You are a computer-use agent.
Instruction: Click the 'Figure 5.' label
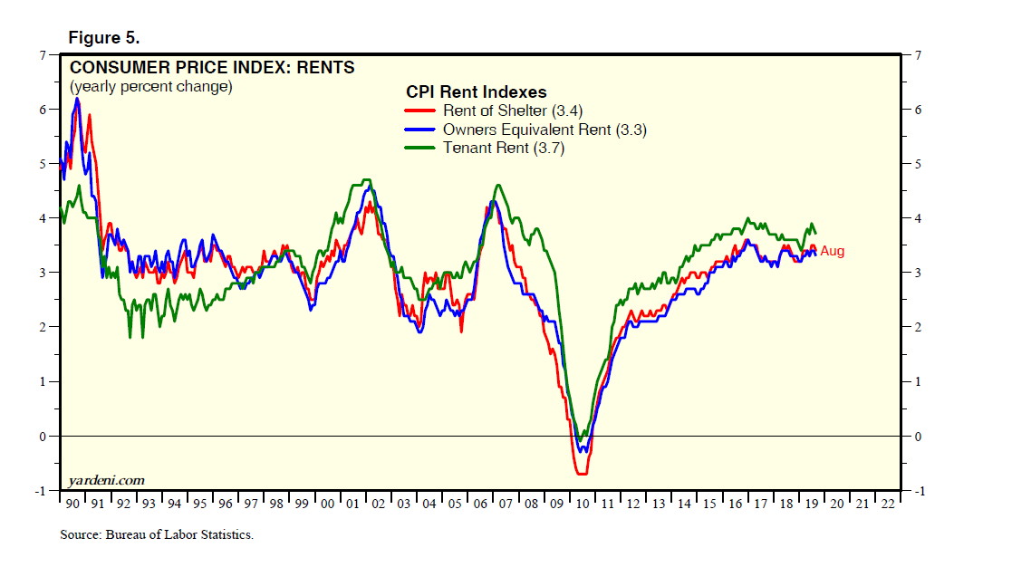[103, 38]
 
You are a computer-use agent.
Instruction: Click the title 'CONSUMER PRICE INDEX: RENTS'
[212, 67]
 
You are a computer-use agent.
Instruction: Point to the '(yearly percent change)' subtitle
[150, 87]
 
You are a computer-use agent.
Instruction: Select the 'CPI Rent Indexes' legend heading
[476, 91]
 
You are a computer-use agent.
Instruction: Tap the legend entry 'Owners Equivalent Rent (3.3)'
[544, 130]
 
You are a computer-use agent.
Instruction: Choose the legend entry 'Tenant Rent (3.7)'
[503, 149]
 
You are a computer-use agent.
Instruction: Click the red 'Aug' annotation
[832, 251]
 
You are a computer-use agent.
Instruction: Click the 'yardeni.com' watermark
[106, 479]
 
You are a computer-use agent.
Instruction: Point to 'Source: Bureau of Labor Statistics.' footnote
[156, 534]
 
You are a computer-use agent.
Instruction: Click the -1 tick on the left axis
[39, 491]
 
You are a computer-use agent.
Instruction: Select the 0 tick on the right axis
[917, 437]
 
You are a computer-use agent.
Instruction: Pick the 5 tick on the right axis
[917, 164]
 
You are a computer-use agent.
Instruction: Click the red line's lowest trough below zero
[581, 474]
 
